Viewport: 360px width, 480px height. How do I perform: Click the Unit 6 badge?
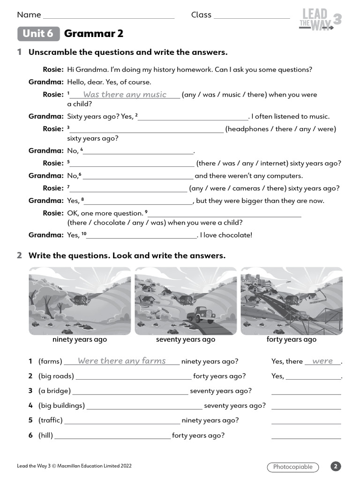(38, 34)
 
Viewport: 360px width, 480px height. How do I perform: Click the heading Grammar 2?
(93, 34)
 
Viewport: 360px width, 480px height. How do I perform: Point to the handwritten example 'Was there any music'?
(125, 95)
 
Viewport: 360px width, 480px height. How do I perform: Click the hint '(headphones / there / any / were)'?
(280, 129)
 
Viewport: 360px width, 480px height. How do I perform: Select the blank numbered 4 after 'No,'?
(139, 151)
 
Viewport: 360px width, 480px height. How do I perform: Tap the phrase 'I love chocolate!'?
(226, 235)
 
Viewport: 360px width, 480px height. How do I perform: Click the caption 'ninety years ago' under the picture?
(80, 339)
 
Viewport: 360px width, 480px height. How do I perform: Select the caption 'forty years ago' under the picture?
(291, 339)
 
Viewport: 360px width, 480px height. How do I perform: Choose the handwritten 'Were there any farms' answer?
(121, 361)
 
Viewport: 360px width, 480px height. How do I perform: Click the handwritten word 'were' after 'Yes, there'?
(322, 361)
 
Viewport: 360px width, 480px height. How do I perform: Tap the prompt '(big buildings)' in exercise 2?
(61, 405)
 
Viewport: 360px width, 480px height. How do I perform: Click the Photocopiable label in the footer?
(292, 467)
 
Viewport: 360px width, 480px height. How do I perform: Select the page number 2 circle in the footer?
(336, 466)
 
